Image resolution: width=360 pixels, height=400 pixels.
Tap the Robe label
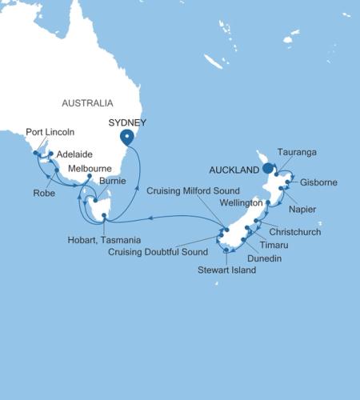(45, 192)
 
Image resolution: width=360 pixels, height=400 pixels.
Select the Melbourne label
(90, 169)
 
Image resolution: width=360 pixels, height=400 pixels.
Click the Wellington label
(242, 203)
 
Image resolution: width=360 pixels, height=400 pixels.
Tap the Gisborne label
(318, 182)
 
